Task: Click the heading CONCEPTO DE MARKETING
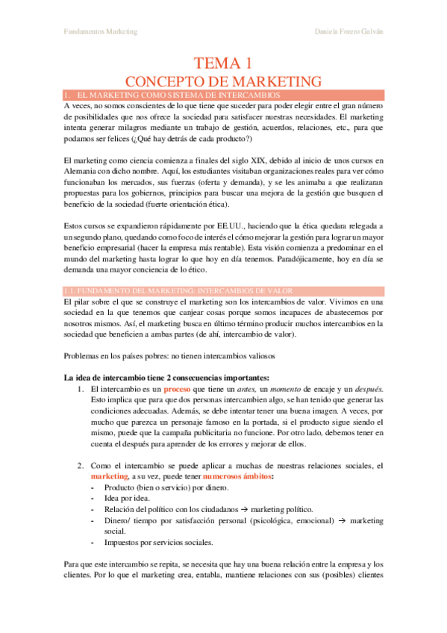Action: (223, 81)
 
